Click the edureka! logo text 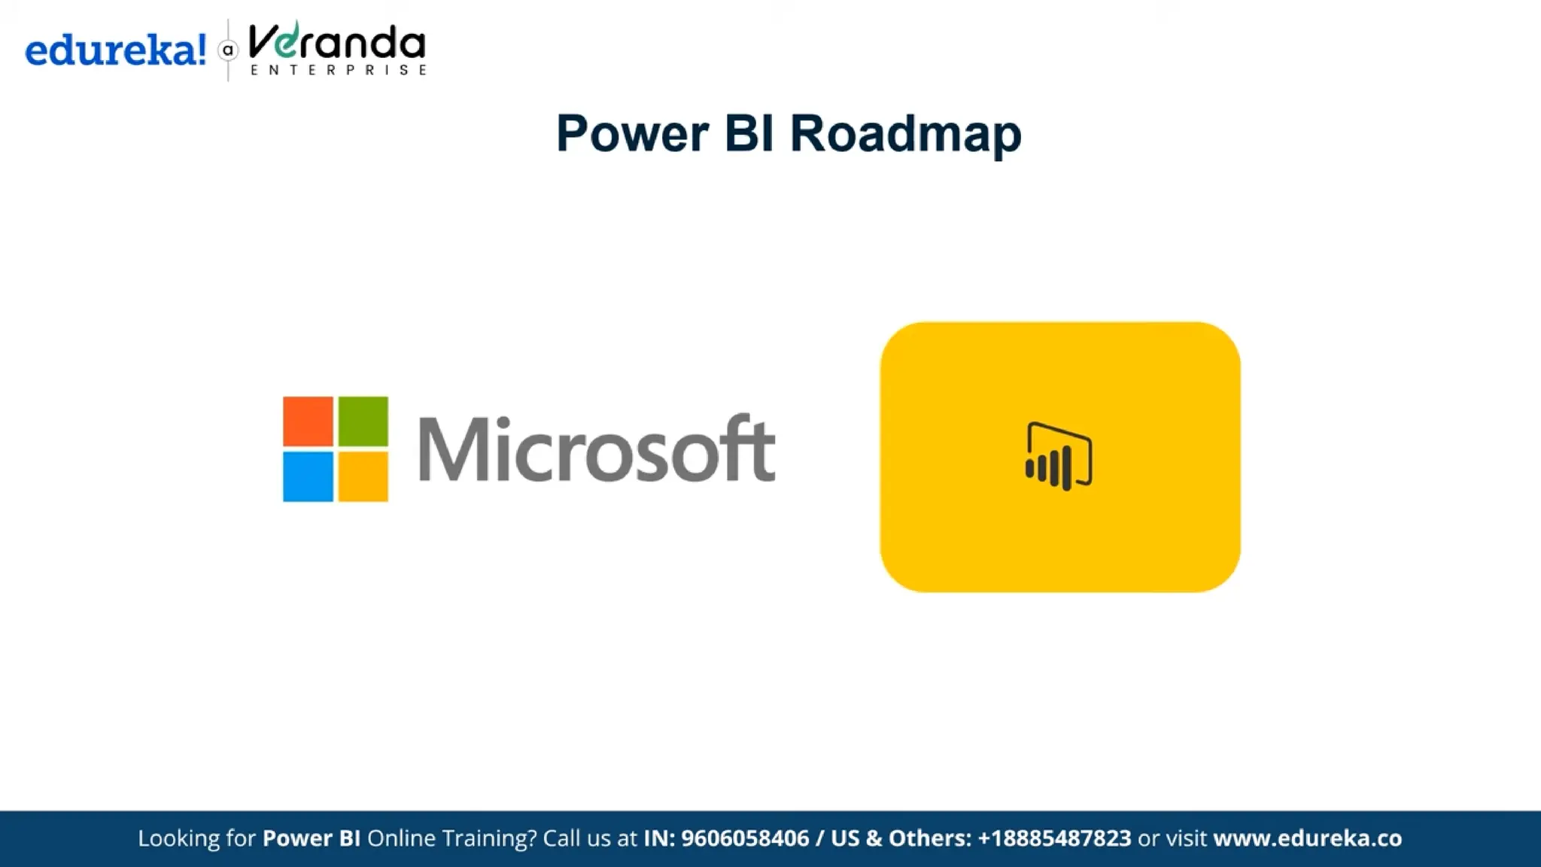115,50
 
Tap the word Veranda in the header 336,43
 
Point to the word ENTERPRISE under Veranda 339,70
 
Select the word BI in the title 749,134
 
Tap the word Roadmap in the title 905,134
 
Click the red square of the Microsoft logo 308,421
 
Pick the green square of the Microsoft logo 363,421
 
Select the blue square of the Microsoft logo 308,476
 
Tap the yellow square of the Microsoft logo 363,476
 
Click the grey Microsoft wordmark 596,449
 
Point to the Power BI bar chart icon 1059,457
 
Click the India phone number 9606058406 745,838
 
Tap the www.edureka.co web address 1307,838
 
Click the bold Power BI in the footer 311,838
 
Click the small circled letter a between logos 228,50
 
